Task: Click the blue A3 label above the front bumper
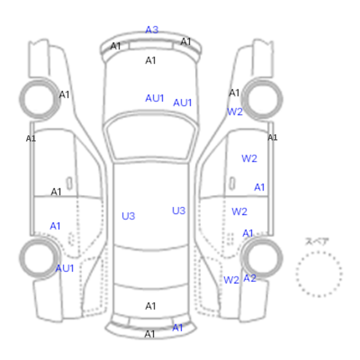click(152, 30)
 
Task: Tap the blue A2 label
click(249, 278)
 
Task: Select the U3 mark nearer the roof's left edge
click(129, 216)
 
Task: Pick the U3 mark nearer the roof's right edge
click(178, 211)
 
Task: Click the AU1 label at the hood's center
click(154, 98)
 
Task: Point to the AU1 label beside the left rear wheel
click(64, 268)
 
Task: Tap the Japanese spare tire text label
click(317, 242)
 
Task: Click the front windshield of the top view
click(151, 137)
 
